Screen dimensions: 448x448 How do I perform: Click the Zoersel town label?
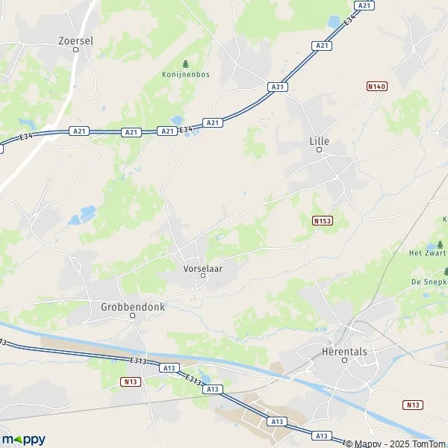[76, 42]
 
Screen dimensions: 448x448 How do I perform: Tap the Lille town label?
[319, 140]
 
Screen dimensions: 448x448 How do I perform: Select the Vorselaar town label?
[202, 267]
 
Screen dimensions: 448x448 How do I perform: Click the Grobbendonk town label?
[132, 306]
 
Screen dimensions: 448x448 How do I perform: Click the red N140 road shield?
[377, 87]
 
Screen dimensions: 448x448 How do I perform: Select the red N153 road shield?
[322, 221]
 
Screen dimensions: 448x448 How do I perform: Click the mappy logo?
[23, 439]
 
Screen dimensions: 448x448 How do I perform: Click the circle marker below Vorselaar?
[202, 276]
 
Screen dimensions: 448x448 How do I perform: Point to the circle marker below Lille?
[319, 150]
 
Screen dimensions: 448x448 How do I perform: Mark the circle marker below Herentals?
[344, 360]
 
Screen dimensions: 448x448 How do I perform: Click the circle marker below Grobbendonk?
[132, 316]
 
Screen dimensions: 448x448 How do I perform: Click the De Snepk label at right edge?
[429, 281]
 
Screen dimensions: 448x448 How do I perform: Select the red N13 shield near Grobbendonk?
[130, 381]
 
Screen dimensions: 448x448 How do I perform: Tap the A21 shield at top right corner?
[364, 5]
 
